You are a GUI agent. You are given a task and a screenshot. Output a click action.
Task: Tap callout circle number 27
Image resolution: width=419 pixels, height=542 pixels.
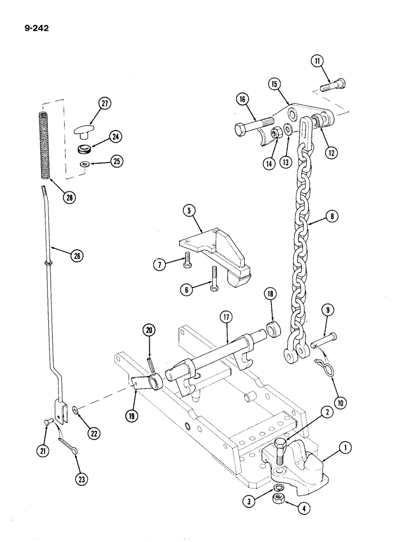coord(104,104)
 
